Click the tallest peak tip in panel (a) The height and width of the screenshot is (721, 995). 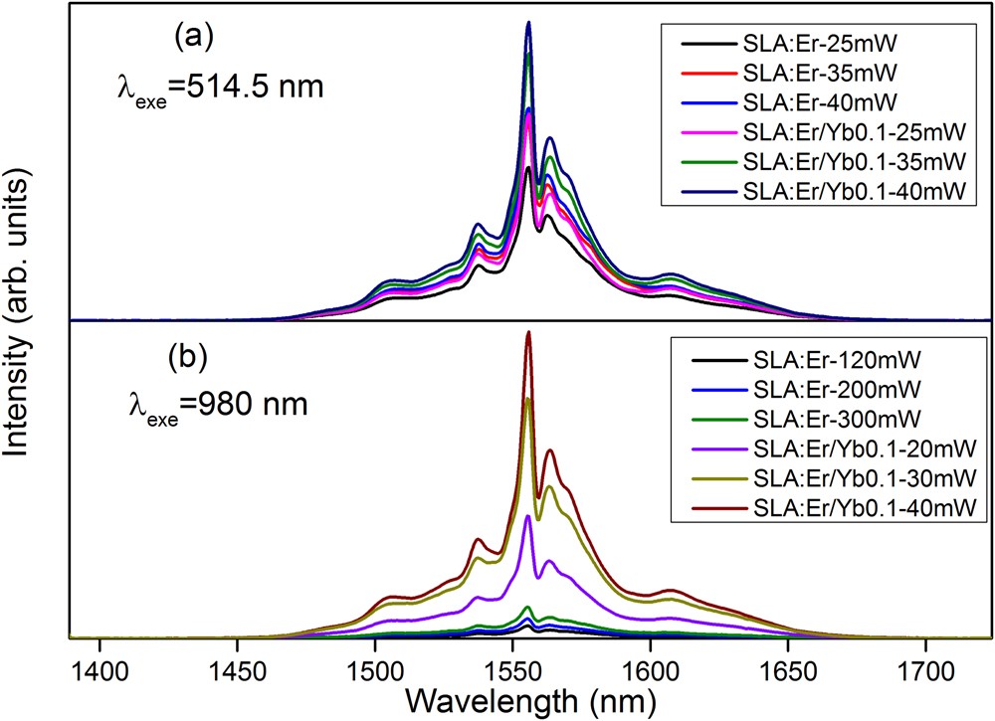pos(528,22)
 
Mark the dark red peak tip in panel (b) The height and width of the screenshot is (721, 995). pos(528,332)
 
